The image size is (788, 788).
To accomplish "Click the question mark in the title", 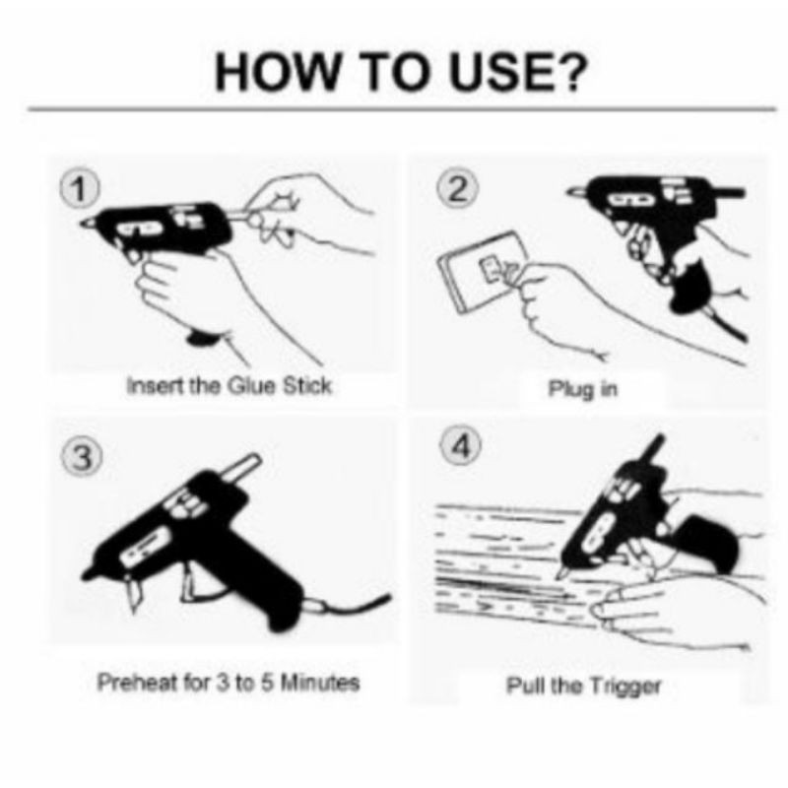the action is coord(570,72).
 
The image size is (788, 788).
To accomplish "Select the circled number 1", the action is coord(80,190).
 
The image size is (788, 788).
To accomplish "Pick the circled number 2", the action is coord(457,189).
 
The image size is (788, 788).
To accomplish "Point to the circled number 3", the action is coord(83,458).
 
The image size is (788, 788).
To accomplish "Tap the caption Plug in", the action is coord(582,389).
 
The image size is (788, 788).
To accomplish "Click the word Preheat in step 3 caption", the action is coord(137,682).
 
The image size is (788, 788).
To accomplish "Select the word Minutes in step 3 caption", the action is coord(319,683).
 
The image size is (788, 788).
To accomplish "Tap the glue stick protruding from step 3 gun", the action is coord(240,467).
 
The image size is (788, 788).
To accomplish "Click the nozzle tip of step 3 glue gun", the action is coord(88,573).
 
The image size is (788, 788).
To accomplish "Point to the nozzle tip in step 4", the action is coord(559,573).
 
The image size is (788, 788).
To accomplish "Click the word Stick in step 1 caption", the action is coord(307,386).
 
